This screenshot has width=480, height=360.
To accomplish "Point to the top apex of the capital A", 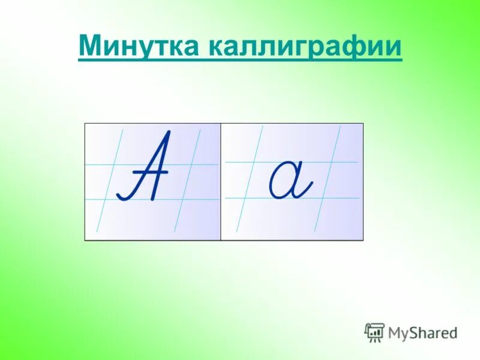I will click(169, 133).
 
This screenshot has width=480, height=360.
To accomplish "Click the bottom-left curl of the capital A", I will click(122, 194).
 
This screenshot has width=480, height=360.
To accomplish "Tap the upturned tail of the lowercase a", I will click(307, 190).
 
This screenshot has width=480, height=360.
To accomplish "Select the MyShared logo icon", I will click(374, 332).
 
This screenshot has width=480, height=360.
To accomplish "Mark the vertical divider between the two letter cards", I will click(221, 181).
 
